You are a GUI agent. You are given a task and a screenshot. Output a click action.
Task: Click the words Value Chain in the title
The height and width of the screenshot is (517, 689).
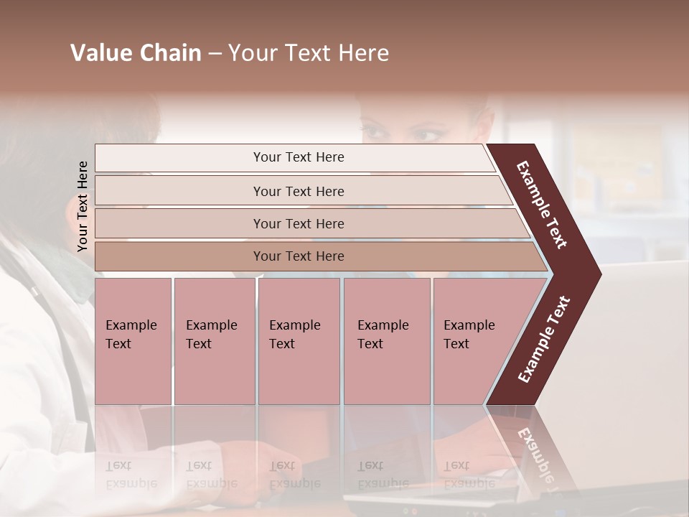(136, 53)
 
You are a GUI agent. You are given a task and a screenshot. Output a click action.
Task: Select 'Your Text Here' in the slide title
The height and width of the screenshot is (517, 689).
(309, 53)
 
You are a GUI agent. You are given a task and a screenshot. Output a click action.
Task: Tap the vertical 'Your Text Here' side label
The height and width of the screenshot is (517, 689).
(83, 206)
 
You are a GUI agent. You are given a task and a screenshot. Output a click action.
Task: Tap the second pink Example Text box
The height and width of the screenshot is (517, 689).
(214, 341)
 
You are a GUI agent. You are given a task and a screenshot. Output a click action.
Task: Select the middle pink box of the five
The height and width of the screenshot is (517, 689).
(299, 341)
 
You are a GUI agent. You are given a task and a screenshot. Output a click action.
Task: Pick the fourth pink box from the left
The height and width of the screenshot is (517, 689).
(387, 341)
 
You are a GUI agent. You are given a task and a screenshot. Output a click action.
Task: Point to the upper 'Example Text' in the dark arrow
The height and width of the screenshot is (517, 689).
(542, 205)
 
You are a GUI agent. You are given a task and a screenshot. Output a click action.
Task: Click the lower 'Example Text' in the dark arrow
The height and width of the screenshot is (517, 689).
(544, 339)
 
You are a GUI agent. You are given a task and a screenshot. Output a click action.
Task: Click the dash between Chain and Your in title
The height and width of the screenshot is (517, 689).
(215, 54)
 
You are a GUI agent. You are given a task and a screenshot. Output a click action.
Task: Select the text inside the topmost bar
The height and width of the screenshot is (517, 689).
(299, 157)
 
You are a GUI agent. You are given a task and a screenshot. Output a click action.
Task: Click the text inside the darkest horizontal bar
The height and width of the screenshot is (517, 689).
(299, 256)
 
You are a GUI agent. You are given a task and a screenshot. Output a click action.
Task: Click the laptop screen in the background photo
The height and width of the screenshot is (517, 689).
(639, 345)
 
